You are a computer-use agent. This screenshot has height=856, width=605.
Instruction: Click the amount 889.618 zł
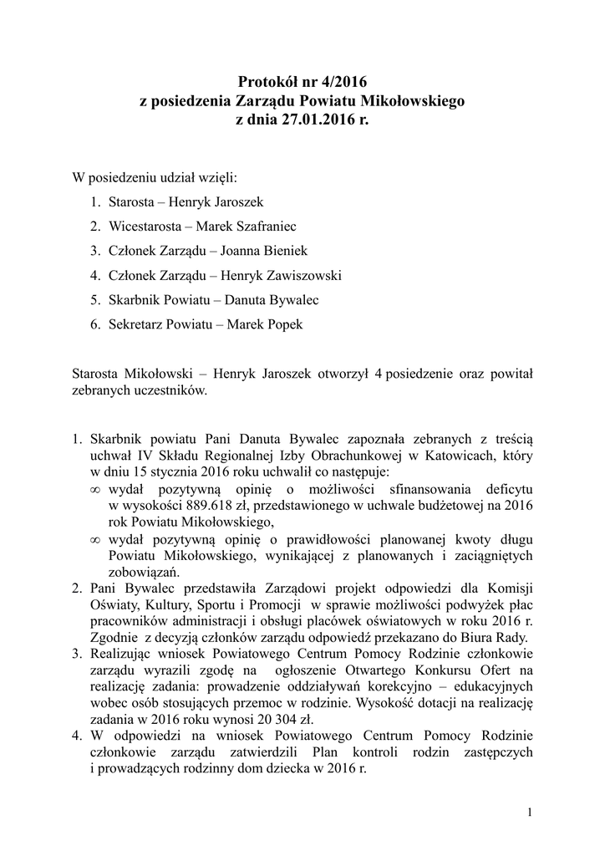[x=206, y=506]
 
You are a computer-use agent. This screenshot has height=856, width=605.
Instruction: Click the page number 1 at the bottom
[x=531, y=812]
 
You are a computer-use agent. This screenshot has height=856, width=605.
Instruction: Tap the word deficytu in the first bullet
[x=507, y=489]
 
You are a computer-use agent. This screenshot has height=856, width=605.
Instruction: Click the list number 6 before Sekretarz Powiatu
[x=95, y=324]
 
